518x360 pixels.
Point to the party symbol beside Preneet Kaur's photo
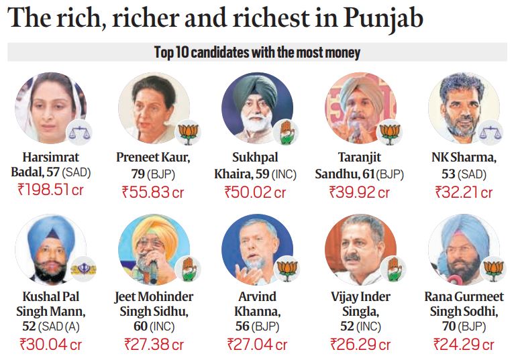point(189,133)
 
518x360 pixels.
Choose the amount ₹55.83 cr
point(153,192)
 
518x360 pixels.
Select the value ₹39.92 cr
point(360,192)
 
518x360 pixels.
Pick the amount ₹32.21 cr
point(464,192)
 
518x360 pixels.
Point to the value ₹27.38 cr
point(154,345)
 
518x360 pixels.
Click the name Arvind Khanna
point(257,304)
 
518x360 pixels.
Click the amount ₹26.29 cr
point(360,345)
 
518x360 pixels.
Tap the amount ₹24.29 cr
point(464,345)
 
